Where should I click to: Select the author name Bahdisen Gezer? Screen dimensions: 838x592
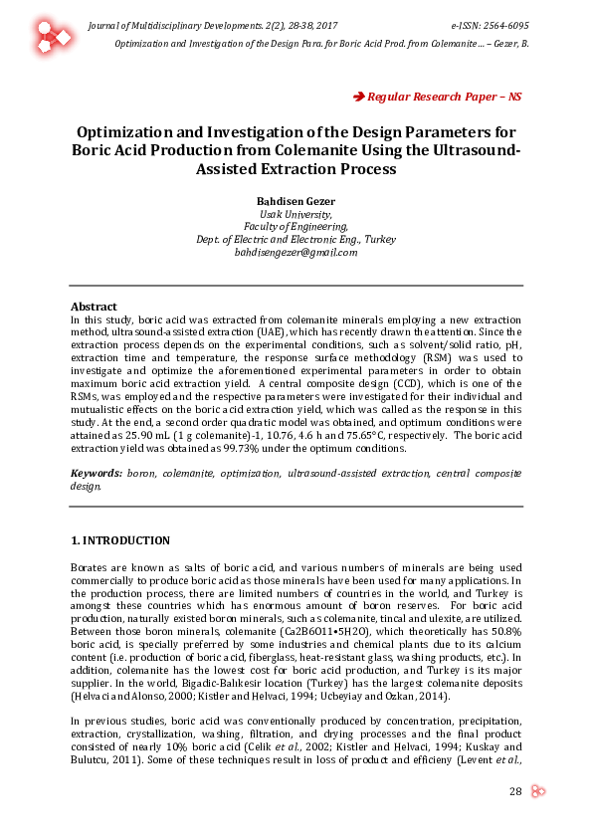(296, 201)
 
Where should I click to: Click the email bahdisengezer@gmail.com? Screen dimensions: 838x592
(296, 253)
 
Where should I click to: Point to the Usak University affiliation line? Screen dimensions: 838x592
(296, 214)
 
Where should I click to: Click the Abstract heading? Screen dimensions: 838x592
(94, 307)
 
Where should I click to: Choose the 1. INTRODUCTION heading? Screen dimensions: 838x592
(120, 540)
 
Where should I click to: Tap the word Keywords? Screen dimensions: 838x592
(97, 474)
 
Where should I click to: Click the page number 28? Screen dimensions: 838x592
(515, 791)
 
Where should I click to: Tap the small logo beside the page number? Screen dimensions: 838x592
(538, 791)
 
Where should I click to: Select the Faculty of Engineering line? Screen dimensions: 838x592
(296, 227)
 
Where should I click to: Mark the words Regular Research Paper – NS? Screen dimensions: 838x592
(445, 97)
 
